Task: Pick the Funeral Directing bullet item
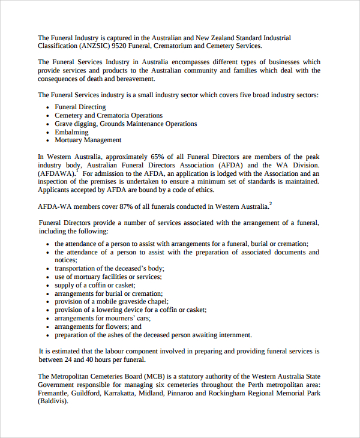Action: click(x=80, y=107)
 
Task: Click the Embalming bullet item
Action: click(x=71, y=132)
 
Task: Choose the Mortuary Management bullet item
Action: click(x=88, y=140)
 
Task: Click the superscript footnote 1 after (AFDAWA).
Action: click(x=77, y=171)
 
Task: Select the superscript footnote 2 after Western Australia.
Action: click(x=271, y=204)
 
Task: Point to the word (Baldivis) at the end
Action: click(x=53, y=402)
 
